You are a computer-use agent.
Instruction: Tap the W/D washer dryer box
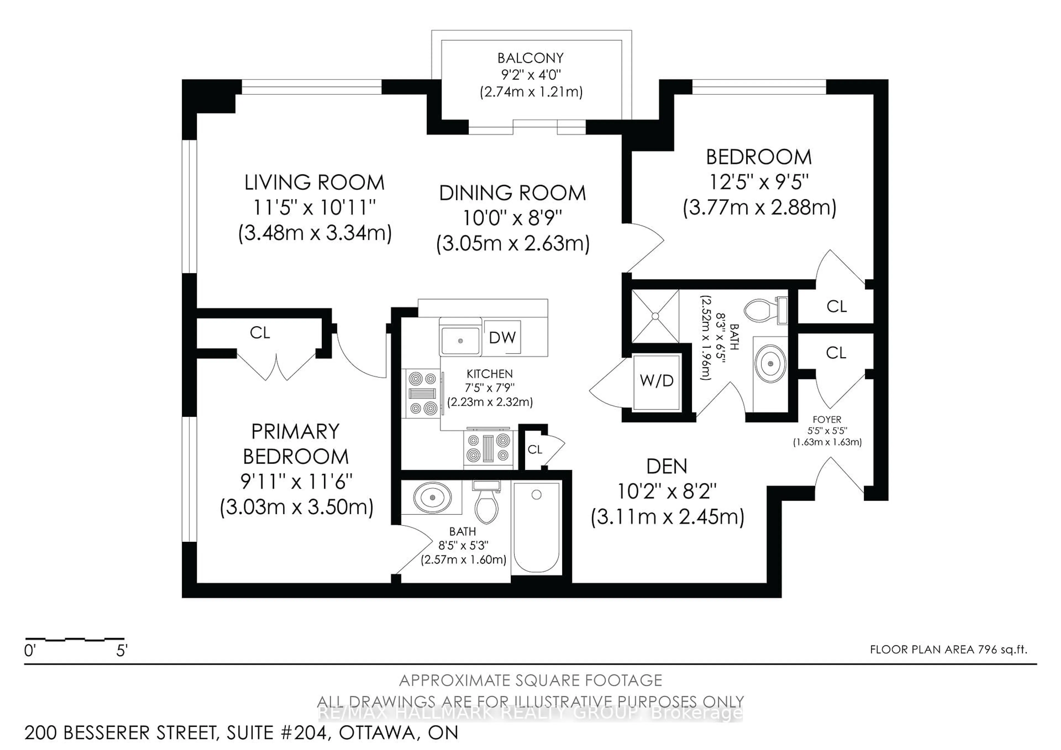(x=656, y=382)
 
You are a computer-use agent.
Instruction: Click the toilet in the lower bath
(x=487, y=504)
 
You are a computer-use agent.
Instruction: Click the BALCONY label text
(x=530, y=58)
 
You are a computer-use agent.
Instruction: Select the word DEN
(x=666, y=467)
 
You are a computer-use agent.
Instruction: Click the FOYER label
(x=827, y=419)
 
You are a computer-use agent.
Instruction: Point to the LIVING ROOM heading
(x=314, y=183)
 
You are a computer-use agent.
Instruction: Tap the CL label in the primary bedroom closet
(x=260, y=333)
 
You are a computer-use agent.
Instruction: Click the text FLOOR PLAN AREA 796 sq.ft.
(x=948, y=649)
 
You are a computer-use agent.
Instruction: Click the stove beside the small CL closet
(x=489, y=447)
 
